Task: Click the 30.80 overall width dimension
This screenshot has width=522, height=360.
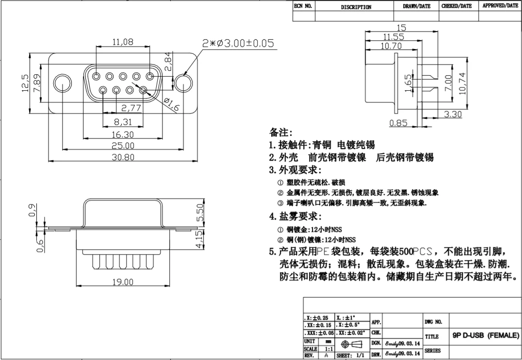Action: point(123,157)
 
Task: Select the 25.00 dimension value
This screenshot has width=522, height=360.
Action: point(123,146)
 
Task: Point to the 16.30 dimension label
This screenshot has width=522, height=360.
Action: point(123,134)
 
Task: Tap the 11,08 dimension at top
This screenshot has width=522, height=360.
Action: point(123,42)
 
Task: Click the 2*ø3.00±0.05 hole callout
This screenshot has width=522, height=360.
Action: point(238,44)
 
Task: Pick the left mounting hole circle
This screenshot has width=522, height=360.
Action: point(62,83)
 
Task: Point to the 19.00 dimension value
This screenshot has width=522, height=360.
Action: point(123,282)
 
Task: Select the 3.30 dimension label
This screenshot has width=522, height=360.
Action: point(453,115)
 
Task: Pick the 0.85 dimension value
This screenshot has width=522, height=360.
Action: point(399,123)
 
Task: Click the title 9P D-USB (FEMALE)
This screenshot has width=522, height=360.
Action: point(486,335)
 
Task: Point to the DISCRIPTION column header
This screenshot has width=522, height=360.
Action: point(356,7)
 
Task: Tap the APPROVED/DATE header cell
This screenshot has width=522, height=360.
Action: point(500,6)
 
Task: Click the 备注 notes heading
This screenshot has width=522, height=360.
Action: point(281,132)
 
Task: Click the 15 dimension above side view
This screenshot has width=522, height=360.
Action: point(401,28)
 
